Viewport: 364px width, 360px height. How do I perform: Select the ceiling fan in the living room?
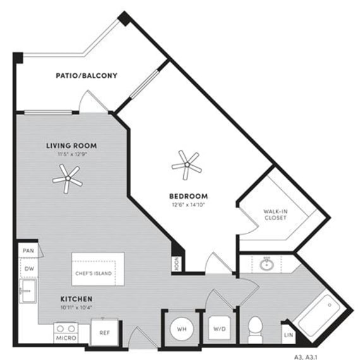(67, 179)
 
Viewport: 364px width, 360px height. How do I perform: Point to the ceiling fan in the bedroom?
(187, 164)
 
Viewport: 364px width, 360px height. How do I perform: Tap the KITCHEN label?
(77, 298)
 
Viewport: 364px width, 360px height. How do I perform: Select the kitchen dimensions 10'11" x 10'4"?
(77, 307)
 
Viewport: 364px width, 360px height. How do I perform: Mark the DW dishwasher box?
(28, 268)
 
